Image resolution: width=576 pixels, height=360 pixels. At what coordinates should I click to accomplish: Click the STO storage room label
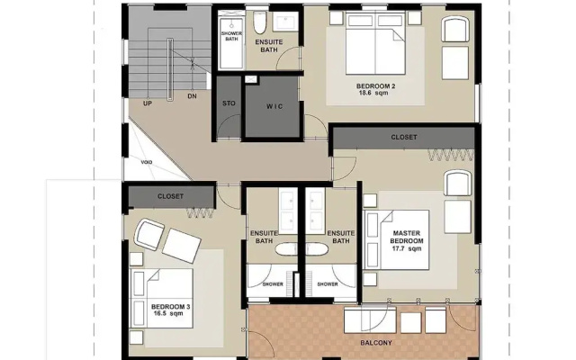[x=229, y=103]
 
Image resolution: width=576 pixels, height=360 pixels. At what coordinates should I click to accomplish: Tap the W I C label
[x=274, y=106]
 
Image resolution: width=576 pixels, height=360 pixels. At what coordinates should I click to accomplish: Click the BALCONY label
[x=376, y=343]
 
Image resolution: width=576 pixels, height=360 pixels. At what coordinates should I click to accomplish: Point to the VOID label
[x=146, y=162]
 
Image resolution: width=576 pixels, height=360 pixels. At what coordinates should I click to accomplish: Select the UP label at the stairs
[x=148, y=103]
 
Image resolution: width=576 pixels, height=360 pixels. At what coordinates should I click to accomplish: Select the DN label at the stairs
[x=192, y=96]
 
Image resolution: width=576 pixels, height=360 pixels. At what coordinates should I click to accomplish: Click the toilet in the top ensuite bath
[x=260, y=22]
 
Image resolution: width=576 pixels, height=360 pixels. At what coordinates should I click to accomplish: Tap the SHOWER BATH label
[x=231, y=36]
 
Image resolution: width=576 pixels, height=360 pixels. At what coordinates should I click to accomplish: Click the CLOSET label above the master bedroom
[x=404, y=137]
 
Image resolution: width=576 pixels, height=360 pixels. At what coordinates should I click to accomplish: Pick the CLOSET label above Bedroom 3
[x=170, y=196]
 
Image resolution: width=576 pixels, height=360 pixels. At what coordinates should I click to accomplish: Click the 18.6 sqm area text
[x=373, y=93]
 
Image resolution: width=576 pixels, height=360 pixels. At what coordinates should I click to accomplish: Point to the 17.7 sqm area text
[x=407, y=248]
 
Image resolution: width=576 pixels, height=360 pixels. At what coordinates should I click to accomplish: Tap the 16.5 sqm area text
[x=168, y=313]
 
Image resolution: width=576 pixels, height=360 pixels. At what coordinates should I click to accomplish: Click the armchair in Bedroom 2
[x=455, y=29]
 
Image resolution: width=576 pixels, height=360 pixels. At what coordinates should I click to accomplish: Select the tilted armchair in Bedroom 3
[x=149, y=234]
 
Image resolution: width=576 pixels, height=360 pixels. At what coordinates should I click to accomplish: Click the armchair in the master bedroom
[x=457, y=183]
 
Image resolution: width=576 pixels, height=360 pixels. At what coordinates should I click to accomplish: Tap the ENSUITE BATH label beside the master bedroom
[x=341, y=237]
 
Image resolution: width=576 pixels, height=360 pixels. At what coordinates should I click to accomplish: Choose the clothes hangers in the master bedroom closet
[x=450, y=155]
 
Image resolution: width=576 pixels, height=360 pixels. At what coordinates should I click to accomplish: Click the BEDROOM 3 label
[x=170, y=306]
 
